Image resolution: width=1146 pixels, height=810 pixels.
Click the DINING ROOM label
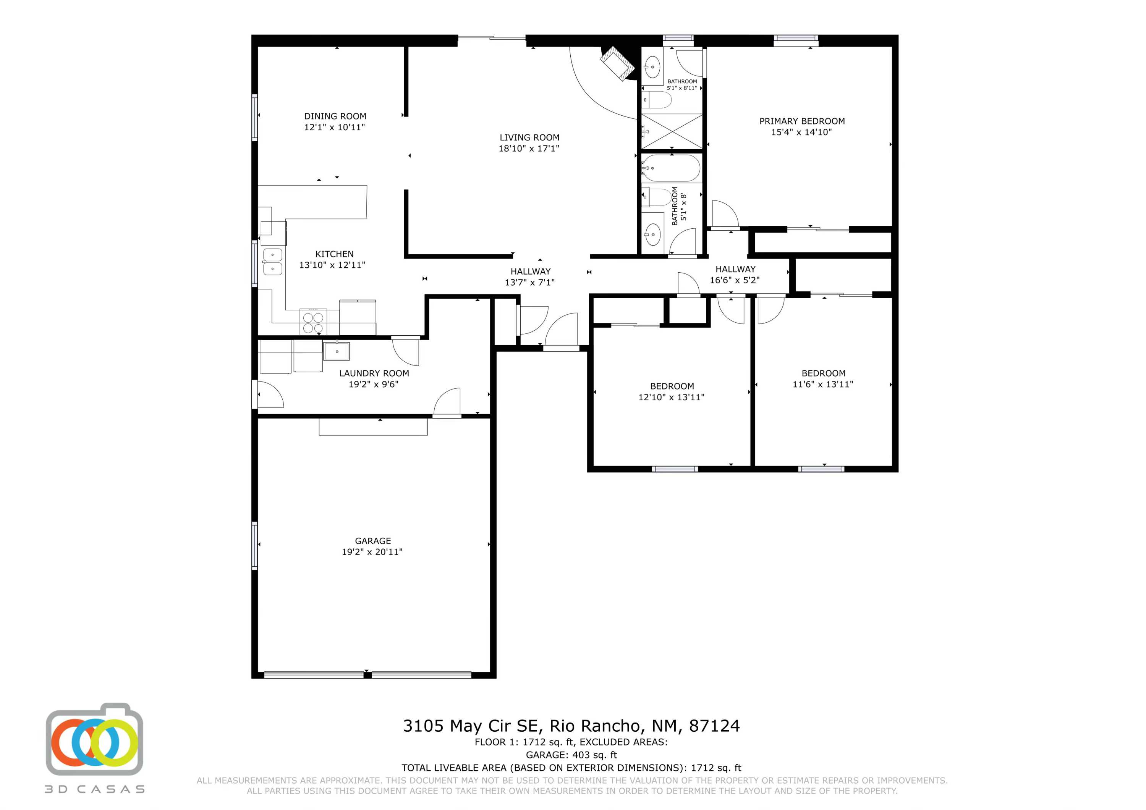[x=335, y=116]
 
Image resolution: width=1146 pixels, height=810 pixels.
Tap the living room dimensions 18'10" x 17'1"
[x=529, y=148]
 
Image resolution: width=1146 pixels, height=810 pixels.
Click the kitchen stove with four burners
[x=313, y=322]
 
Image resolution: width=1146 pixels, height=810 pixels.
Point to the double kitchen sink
[x=272, y=262]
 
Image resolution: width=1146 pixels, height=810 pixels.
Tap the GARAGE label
[x=372, y=540]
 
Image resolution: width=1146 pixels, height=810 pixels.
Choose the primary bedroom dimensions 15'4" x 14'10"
[x=801, y=132]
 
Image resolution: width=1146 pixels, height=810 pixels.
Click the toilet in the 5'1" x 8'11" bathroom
[x=657, y=100]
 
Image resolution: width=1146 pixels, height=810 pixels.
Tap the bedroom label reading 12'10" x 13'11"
[x=671, y=397]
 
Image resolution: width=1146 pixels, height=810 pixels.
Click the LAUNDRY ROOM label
[x=374, y=373]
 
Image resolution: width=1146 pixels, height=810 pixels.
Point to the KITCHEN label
[x=334, y=254]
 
